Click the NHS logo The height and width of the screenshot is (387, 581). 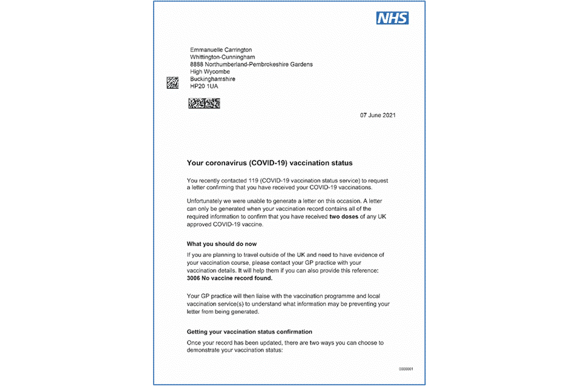pos(393,18)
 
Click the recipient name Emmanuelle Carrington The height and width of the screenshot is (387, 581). pos(221,50)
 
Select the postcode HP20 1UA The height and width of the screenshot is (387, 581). pos(204,86)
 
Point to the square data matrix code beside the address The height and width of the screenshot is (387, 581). pos(172,83)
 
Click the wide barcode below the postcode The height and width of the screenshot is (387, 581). pos(203,103)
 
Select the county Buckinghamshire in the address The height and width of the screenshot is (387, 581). pos(212,79)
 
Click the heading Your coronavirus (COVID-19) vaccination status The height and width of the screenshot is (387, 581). pos(269,163)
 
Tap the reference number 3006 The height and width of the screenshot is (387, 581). pos(195,279)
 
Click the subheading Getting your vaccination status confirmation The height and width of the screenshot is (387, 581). pos(249,332)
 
